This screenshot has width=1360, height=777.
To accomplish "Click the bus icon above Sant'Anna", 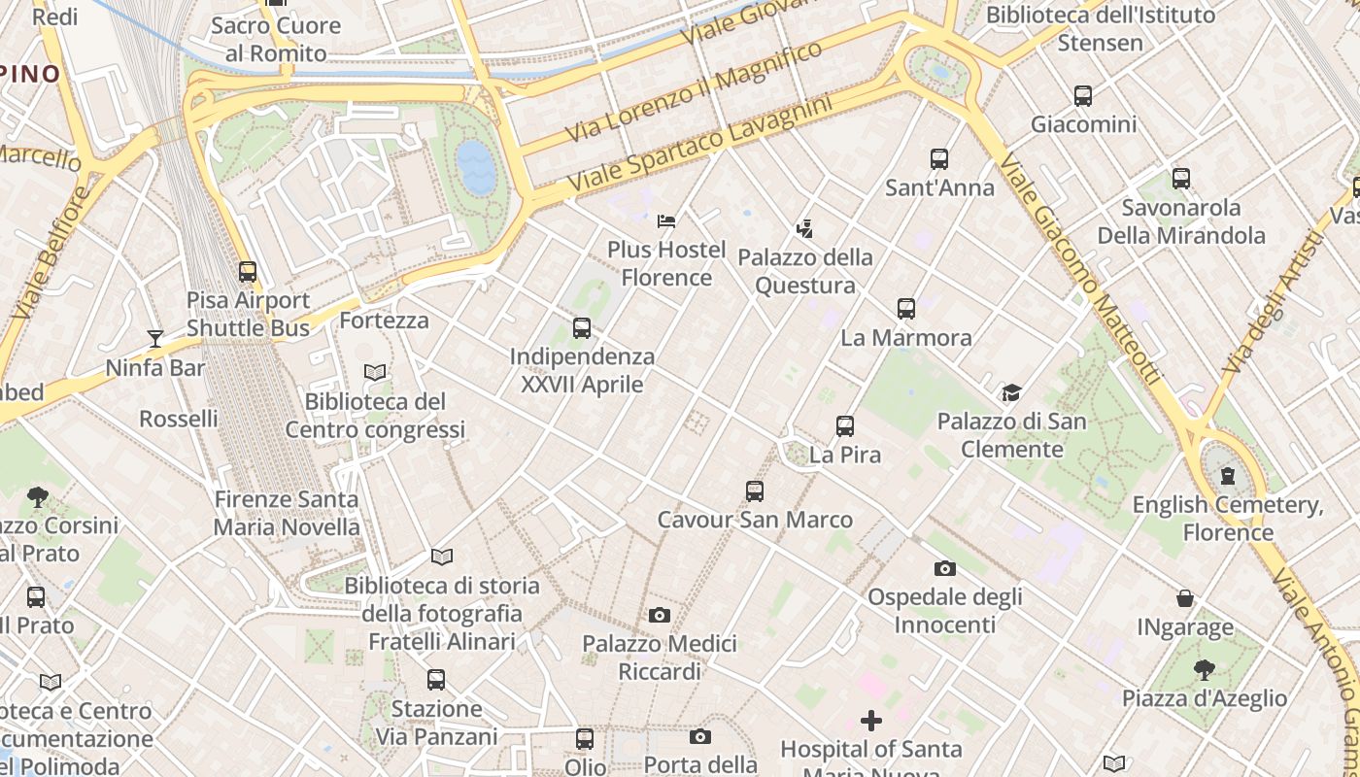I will click(938, 158).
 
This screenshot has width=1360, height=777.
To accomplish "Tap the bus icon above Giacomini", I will click(1083, 96).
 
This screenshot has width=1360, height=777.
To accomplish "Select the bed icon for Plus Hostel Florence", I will click(666, 220).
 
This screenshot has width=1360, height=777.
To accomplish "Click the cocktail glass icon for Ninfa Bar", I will click(155, 339).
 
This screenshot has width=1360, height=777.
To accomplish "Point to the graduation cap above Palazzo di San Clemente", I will click(1011, 393).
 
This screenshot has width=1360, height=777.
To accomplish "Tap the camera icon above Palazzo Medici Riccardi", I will click(660, 615).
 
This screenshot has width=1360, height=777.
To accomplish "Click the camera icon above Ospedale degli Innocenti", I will click(944, 568).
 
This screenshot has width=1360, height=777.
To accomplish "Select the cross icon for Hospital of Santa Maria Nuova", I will click(871, 721).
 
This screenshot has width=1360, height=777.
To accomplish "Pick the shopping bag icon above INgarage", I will click(1185, 598).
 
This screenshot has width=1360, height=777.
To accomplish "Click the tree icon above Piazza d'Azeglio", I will click(1205, 669).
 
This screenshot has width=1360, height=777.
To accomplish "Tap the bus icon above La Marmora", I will click(906, 309).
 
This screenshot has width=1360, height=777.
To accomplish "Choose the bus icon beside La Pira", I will click(845, 425).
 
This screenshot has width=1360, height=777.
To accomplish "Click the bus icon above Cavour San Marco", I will click(755, 491).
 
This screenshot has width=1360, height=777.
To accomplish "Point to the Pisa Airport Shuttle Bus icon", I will click(248, 272).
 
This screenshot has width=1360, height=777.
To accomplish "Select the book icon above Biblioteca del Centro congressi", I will click(375, 372).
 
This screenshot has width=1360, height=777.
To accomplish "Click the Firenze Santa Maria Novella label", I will click(287, 514).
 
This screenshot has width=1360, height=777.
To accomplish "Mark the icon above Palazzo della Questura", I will click(804, 229).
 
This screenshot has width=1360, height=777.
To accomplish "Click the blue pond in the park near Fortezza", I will click(477, 166).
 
